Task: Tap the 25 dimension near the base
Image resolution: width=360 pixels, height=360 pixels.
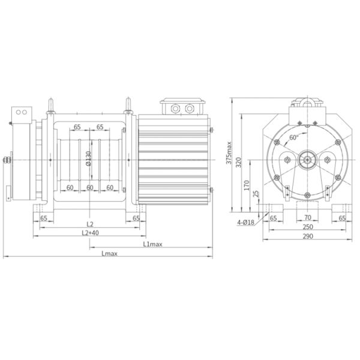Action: click(x=256, y=194)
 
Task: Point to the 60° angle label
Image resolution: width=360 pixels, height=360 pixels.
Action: click(x=294, y=137)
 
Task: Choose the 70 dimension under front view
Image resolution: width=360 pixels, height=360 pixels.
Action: click(x=307, y=218)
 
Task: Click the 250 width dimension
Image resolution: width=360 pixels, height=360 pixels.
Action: click(x=307, y=228)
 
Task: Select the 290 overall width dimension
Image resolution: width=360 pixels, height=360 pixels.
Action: click(x=307, y=238)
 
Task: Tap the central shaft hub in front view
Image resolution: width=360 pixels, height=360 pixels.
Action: click(x=307, y=160)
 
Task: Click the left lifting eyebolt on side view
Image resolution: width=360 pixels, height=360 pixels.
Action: click(x=52, y=109)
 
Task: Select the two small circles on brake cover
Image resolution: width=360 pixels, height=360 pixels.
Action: click(x=22, y=112)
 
